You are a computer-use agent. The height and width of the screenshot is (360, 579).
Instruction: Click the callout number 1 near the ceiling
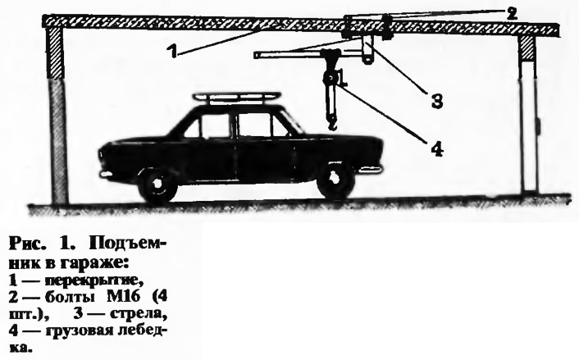point(171,52)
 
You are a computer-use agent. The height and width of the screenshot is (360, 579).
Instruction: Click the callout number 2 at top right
point(511,14)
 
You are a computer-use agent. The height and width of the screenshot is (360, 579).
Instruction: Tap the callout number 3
point(437,100)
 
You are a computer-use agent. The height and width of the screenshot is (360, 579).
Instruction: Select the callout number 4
point(437,148)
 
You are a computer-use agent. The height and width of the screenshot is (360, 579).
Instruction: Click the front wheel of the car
point(335,180)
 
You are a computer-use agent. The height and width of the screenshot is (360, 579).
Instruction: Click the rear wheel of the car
point(157,184)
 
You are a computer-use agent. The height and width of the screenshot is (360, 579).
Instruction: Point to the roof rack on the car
point(237,98)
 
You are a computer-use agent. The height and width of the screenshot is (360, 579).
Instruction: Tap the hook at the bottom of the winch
point(332,122)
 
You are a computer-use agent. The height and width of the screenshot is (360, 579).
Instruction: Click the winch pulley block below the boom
point(331,79)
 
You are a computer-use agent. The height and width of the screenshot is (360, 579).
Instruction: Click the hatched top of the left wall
point(55,52)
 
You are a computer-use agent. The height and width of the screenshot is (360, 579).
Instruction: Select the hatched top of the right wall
point(527,48)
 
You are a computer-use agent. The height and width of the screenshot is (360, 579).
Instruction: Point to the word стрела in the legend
point(137,314)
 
